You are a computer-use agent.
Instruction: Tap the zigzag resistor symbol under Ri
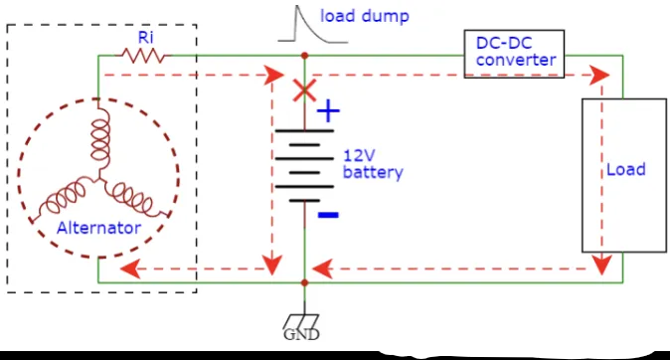146,56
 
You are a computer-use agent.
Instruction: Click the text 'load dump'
364,16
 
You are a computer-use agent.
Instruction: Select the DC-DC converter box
513,53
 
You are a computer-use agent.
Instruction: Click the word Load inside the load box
625,169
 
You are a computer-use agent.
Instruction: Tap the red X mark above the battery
303,91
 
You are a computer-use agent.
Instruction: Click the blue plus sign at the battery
327,112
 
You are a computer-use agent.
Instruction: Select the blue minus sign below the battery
328,214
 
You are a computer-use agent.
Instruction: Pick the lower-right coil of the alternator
135,197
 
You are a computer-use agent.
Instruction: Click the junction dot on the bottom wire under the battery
304,282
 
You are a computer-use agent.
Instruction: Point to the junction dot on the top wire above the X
304,57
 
